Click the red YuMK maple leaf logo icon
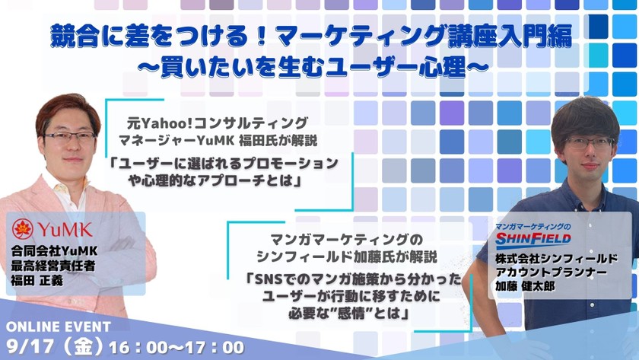pyautogui.click(x=22, y=229)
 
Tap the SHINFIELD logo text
pyautogui.click(x=533, y=238)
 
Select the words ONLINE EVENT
pyautogui.click(x=59, y=327)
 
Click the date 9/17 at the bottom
pyautogui.click(x=30, y=346)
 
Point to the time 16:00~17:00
pyautogui.click(x=176, y=347)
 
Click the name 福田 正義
pyautogui.click(x=37, y=281)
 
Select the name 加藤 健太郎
pyautogui.click(x=525, y=286)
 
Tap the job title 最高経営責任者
pyautogui.click(x=53, y=266)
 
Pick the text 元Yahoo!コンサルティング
pyautogui.click(x=218, y=123)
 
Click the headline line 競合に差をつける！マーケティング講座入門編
pyautogui.click(x=311, y=37)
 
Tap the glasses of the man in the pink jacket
pyautogui.click(x=70, y=136)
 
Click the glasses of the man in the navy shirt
pyautogui.click(x=590, y=142)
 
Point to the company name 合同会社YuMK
pyautogui.click(x=54, y=250)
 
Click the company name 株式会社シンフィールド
pyautogui.click(x=556, y=259)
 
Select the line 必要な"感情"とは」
pyautogui.click(x=349, y=313)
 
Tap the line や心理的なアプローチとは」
pyautogui.click(x=215, y=180)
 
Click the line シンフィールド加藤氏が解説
pyautogui.click(x=347, y=256)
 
